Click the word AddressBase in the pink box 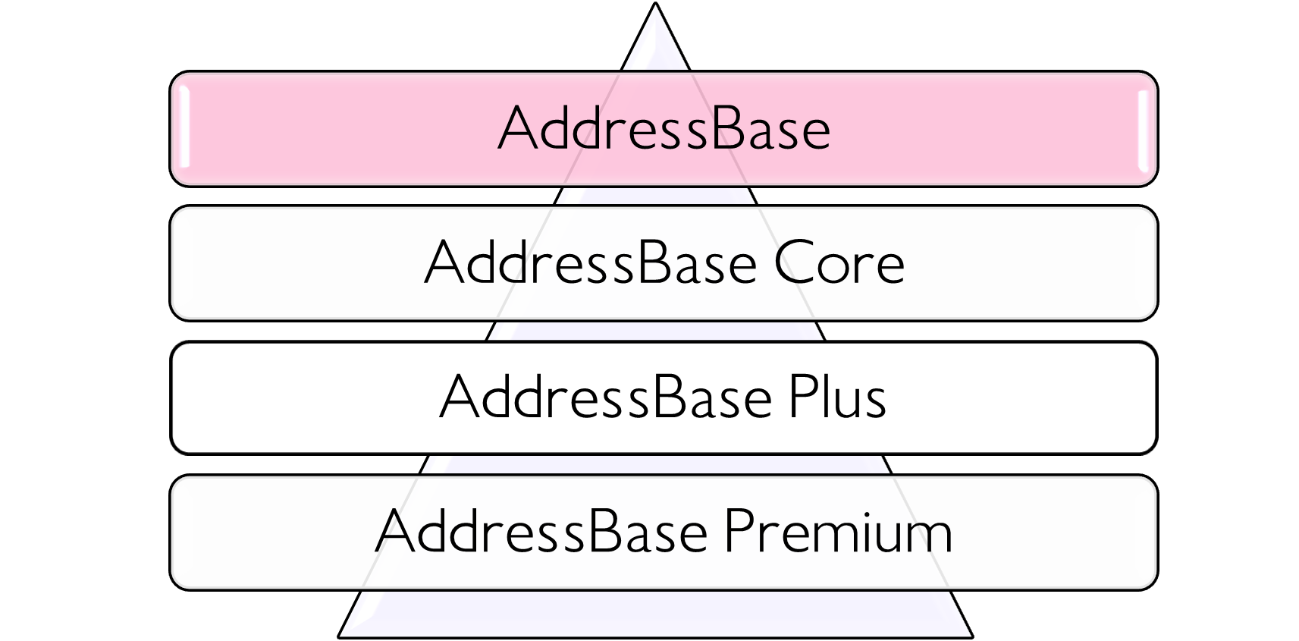pyautogui.click(x=664, y=129)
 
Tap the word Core pyautogui.click(x=839, y=263)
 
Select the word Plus pyautogui.click(x=836, y=397)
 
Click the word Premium pyautogui.click(x=837, y=531)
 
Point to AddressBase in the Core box pyautogui.click(x=591, y=263)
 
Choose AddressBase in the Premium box pyautogui.click(x=541, y=531)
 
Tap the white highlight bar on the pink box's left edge pyautogui.click(x=184, y=129)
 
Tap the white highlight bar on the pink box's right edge pyautogui.click(x=1143, y=129)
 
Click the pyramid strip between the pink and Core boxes pyautogui.click(x=655, y=196)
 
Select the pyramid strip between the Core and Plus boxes pyautogui.click(x=655, y=331)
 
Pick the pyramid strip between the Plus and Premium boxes pyautogui.click(x=655, y=464)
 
